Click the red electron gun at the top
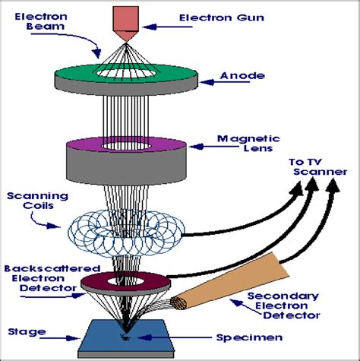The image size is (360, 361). (126, 24)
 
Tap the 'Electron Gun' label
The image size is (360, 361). (222, 17)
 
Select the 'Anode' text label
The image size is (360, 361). (242, 76)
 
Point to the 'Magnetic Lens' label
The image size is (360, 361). (248, 144)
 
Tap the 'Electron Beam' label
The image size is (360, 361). (41, 21)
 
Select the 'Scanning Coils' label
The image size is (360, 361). (38, 201)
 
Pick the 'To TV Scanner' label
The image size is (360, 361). (318, 167)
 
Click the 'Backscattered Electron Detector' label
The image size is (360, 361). (52, 278)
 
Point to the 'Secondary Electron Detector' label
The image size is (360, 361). (283, 306)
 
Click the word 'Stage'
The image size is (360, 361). (27, 332)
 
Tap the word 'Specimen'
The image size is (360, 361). (249, 337)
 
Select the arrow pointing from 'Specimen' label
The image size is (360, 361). (174, 337)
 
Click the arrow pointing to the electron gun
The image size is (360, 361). (167, 27)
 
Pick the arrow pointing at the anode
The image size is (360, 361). (224, 82)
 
